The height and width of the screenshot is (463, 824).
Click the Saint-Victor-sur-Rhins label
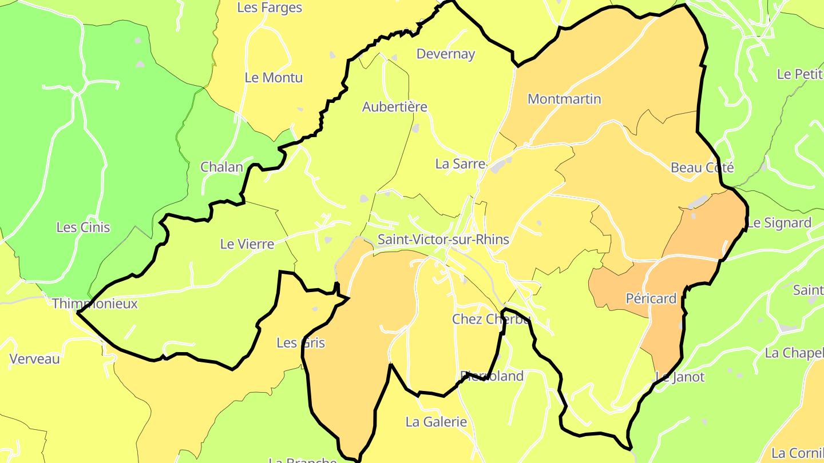[443, 240]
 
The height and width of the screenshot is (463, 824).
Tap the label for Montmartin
[564, 99]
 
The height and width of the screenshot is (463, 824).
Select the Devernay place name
[446, 54]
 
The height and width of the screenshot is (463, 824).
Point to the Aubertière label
[394, 107]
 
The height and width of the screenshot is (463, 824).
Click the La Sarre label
[460, 164]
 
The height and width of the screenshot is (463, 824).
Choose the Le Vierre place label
[247, 244]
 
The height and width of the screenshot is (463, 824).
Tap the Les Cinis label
[83, 227]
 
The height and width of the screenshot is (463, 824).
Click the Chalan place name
[221, 167]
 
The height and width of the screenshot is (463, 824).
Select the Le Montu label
[274, 78]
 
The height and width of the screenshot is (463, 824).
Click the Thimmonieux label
[95, 304]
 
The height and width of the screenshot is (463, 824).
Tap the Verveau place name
[35, 359]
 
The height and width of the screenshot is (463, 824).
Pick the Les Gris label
[300, 343]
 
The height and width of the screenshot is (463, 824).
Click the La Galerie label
[436, 422]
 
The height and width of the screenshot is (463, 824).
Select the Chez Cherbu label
[491, 319]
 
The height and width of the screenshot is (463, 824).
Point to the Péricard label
[651, 298]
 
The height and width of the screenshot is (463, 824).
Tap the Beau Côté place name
[702, 167]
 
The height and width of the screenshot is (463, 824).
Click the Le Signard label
[779, 223]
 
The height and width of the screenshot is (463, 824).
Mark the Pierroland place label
[492, 376]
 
